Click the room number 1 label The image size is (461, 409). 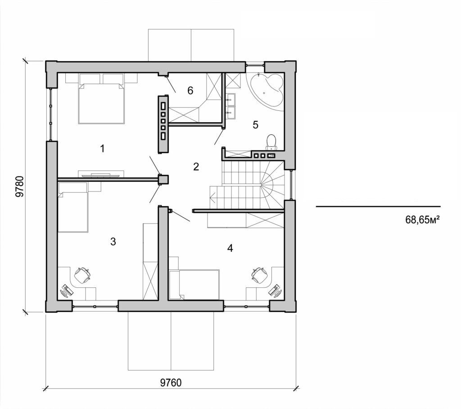tap(103, 148)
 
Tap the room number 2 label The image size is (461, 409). tap(196, 167)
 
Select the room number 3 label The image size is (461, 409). tap(113, 241)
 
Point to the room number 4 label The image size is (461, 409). tap(230, 248)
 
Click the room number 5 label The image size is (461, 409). tap(255, 125)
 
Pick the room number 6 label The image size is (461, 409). tap(190, 91)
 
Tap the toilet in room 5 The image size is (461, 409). tap(271, 141)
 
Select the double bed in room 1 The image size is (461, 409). tap(101, 103)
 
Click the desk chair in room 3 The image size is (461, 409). tap(83, 275)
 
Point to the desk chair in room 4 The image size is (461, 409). tap(259, 275)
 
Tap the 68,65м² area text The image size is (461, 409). tap(422, 220)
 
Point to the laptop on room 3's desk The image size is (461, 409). tap(66, 291)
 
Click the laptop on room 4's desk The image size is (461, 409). tap(275, 290)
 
